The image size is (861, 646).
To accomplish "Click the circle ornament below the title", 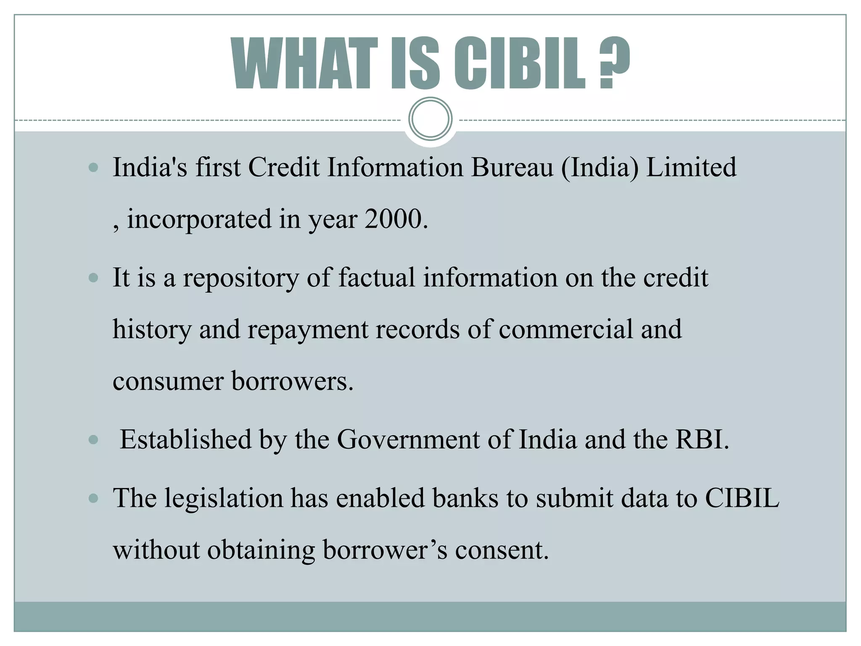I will pos(430,119).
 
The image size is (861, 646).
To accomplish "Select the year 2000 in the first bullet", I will pos(393,219).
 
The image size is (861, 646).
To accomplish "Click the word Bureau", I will pos(512,167).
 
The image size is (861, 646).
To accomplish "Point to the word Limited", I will pos(691,167).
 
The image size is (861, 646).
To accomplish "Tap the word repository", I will pos(241,278).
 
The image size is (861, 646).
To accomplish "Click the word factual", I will pos(376,278).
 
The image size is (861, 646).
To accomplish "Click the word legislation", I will pos(223,498).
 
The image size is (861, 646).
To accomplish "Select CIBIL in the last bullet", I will pos(742,498).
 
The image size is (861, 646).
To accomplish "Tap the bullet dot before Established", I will pos(94,440).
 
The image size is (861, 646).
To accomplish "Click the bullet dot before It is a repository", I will pos(94,278).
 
